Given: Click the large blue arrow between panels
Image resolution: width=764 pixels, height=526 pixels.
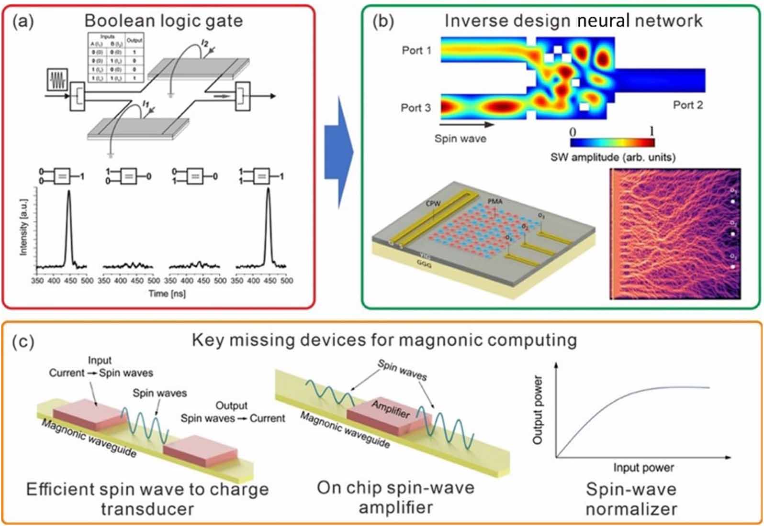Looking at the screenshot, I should (338, 153).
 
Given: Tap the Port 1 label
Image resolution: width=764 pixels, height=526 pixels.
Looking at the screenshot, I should (416, 50).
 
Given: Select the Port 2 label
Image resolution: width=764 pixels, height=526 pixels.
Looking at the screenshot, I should (688, 105).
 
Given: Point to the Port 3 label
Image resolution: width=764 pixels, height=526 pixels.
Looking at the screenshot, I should (416, 108).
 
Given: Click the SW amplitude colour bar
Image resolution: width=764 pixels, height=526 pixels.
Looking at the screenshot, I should (612, 142).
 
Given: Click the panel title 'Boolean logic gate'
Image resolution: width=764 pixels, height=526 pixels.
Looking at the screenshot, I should (163, 21).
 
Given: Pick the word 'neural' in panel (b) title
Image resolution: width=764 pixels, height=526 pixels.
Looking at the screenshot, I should (602, 21).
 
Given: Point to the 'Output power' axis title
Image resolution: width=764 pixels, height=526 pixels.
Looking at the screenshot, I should (538, 410).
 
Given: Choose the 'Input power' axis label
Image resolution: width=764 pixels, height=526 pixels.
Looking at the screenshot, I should (643, 467).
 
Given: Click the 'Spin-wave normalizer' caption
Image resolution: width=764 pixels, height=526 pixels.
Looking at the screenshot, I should (631, 499).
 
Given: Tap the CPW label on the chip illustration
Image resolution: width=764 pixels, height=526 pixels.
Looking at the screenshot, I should (433, 204).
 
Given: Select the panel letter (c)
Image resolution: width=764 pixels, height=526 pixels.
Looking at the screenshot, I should (23, 342).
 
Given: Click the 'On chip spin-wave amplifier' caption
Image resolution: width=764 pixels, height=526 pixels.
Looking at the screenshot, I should (395, 497).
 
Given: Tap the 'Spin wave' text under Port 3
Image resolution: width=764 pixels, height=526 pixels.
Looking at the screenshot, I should (460, 139).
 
